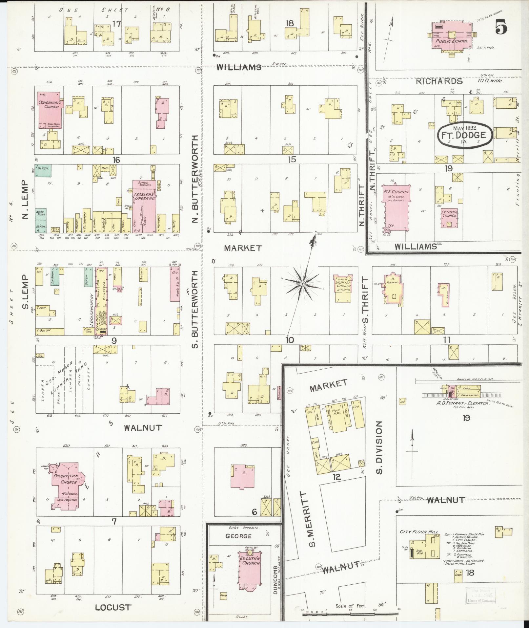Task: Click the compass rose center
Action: pyautogui.click(x=303, y=283)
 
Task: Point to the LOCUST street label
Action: pyautogui.click(x=113, y=607)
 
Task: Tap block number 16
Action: pyautogui.click(x=116, y=160)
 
